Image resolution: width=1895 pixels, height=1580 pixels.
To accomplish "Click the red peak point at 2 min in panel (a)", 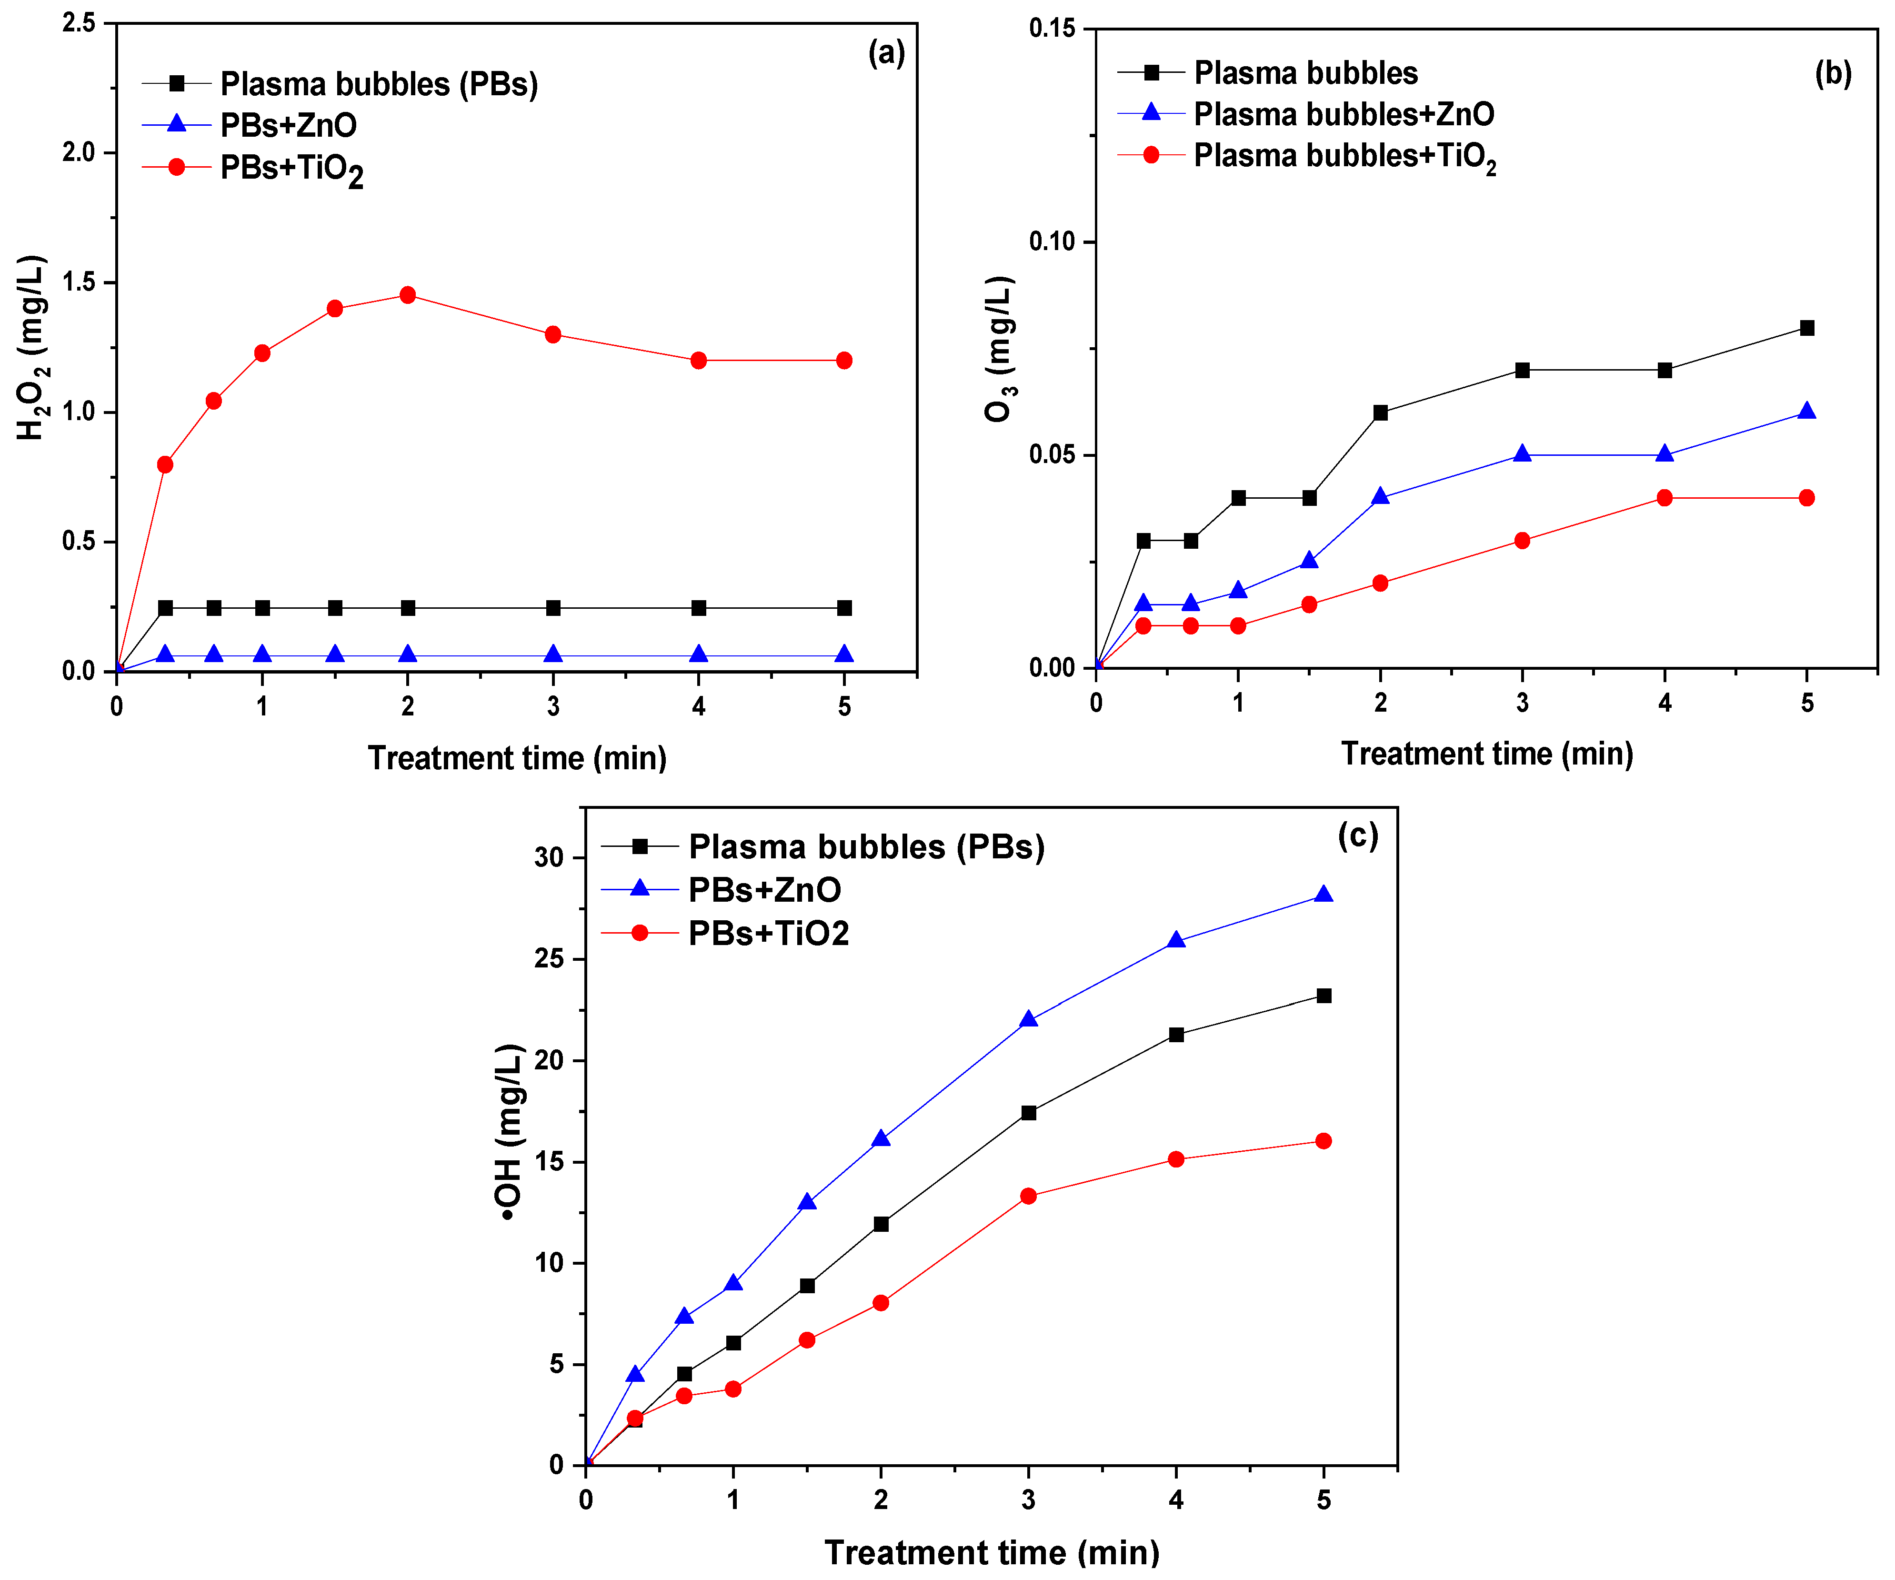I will (x=408, y=295).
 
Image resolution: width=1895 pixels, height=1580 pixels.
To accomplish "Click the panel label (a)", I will (x=886, y=53).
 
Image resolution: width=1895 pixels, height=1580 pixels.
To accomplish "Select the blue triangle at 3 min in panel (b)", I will (x=1522, y=454).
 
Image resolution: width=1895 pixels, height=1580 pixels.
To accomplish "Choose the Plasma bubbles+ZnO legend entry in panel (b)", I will (x=1343, y=114).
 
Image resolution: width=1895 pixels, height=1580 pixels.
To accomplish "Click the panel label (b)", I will (x=1833, y=73).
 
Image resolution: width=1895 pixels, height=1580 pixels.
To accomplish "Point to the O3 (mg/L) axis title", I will (x=1000, y=349).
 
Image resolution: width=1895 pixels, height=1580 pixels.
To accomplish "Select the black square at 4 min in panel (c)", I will (x=1176, y=1035).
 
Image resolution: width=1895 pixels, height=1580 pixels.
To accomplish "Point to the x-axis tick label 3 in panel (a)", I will (x=553, y=706).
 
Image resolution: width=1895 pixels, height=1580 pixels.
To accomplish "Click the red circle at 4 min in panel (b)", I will (x=1665, y=498).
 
